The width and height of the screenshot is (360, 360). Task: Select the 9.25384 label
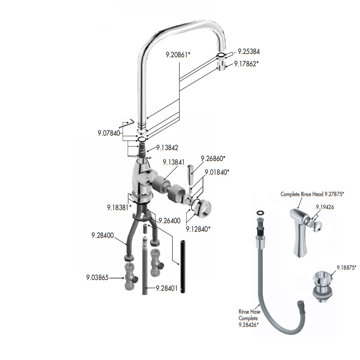(249, 52)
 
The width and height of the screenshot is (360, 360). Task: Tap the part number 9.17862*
(246, 64)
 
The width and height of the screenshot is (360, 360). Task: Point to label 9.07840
(109, 133)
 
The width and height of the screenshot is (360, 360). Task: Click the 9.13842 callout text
(167, 147)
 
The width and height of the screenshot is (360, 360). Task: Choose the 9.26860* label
(213, 159)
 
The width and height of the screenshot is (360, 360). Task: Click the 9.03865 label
(97, 278)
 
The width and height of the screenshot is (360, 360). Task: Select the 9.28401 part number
(167, 288)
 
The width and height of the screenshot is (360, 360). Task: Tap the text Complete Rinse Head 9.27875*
(312, 194)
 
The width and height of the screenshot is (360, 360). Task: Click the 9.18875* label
(346, 268)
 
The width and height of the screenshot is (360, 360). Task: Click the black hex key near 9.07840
(126, 124)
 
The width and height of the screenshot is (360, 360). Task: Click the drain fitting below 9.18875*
(321, 286)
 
